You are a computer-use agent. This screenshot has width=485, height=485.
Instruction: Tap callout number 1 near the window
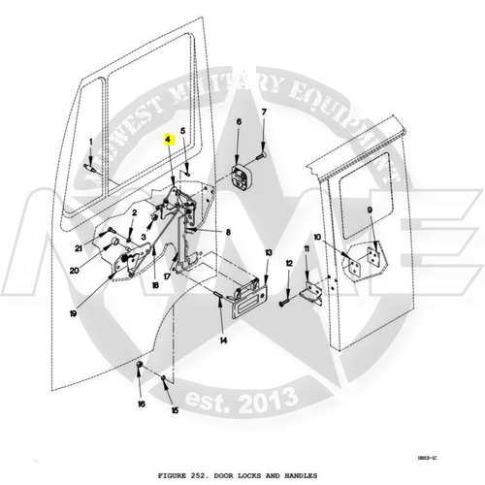pos(90,143)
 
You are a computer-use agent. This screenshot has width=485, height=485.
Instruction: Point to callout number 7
pos(263,114)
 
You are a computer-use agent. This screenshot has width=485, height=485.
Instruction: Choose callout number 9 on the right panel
pos(370,211)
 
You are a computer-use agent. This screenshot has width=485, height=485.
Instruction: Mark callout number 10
pos(317,238)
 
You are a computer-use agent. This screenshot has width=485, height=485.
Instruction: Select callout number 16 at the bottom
pos(141,404)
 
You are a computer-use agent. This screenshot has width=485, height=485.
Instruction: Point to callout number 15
pos(176,410)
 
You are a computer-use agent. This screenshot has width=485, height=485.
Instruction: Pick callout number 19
pos(72,314)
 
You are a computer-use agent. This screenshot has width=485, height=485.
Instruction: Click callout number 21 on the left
pos(78,248)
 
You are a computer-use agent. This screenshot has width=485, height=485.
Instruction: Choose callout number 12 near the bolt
pos(288,264)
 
